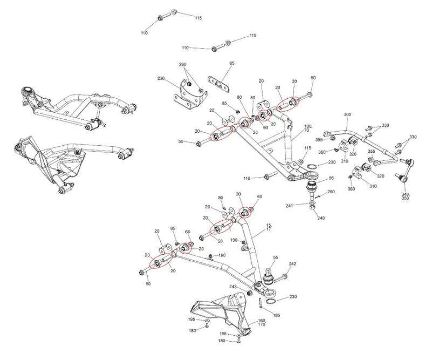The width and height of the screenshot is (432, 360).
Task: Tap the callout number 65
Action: tap(232, 64)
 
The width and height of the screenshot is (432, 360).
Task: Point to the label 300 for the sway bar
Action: tap(347, 115)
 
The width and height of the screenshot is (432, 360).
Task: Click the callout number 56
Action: tap(331, 178)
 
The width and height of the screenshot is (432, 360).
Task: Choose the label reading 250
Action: tap(331, 193)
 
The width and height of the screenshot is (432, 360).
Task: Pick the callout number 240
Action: tap(321, 218)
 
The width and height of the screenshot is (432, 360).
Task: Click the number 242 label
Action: tap(293, 264)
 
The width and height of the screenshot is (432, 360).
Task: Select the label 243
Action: tap(234, 287)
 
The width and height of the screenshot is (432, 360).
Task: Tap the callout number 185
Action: tap(276, 315)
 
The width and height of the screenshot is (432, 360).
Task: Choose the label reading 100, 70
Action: tap(308, 128)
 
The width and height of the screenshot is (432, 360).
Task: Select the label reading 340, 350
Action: tap(406, 196)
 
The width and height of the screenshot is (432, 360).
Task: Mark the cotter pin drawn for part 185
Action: tap(260, 304)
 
